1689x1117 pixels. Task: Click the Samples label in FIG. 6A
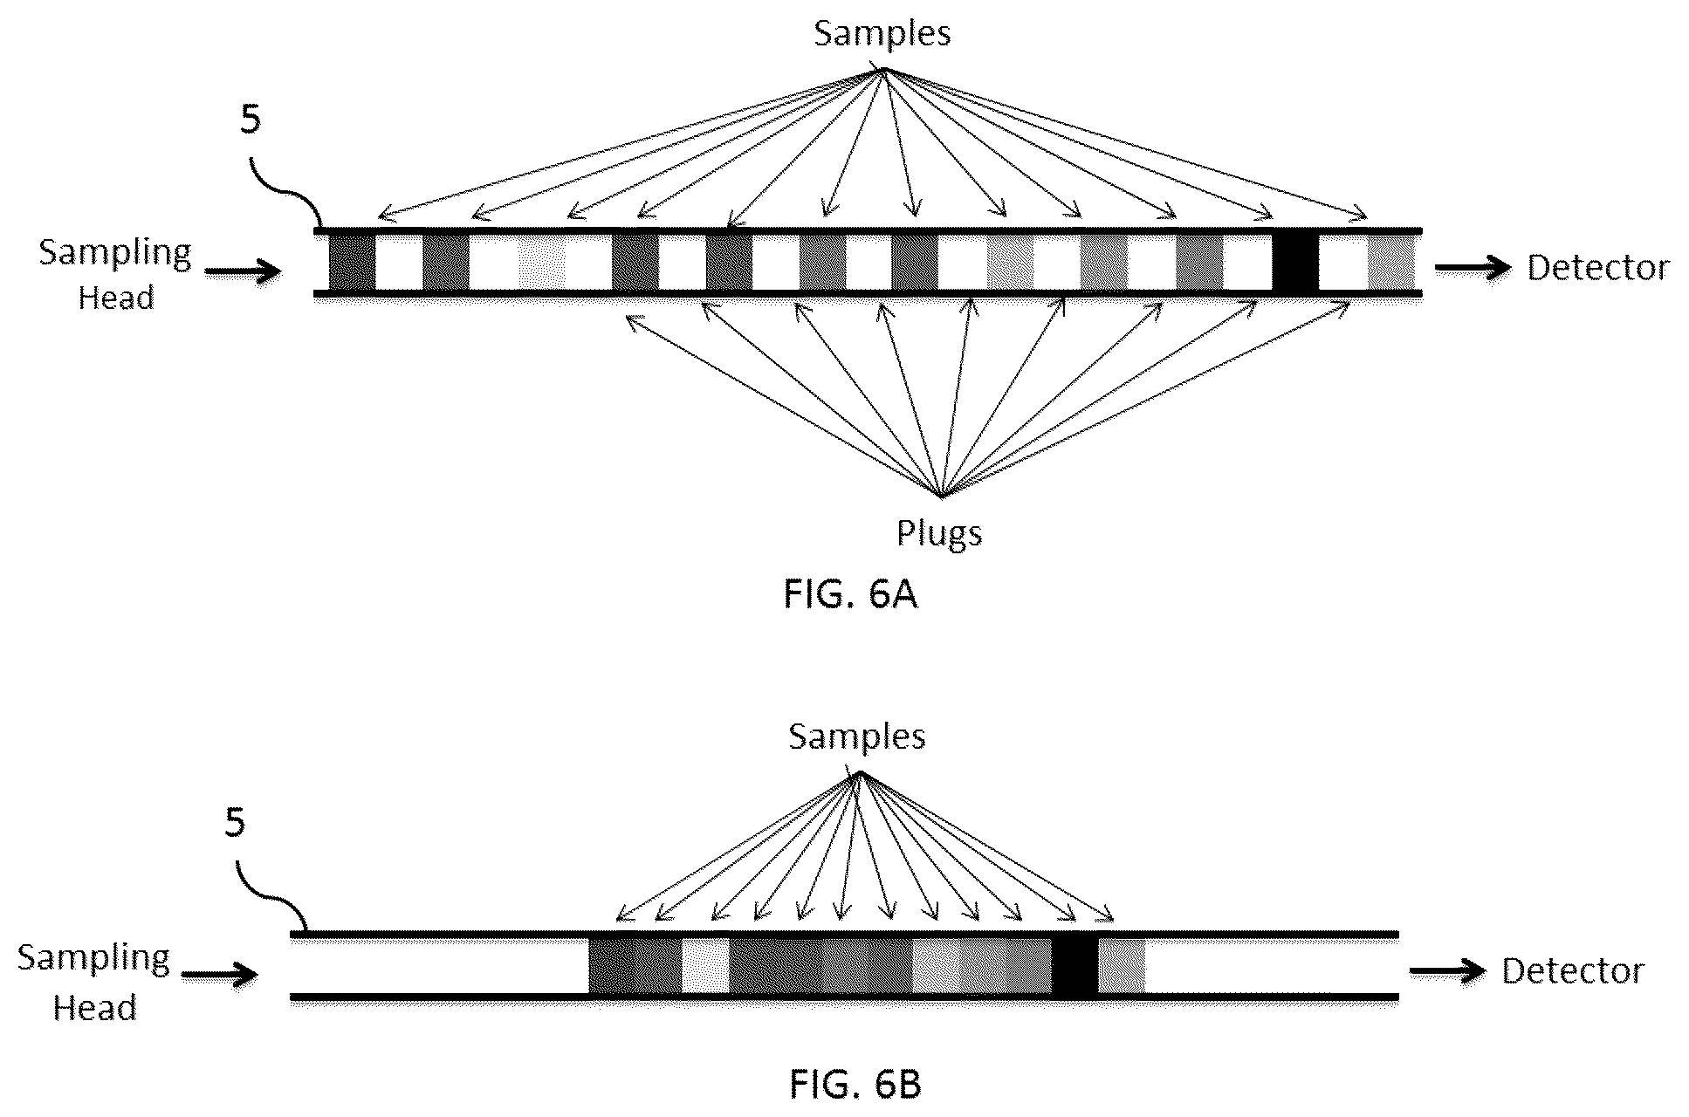tap(882, 34)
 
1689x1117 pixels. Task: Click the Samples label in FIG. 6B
tap(856, 737)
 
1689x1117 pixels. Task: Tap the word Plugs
tap(939, 533)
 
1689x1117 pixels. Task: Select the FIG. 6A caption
tap(850, 594)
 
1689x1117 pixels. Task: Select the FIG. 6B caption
tap(855, 1085)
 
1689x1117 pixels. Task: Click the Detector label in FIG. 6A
tap(1597, 268)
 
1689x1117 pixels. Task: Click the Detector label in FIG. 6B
tap(1573, 971)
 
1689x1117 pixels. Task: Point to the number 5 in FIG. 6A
tap(251, 120)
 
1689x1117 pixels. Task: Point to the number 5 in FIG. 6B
tap(235, 823)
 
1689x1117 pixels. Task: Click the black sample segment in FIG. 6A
tap(1295, 263)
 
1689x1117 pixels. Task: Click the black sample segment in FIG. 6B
tap(1075, 966)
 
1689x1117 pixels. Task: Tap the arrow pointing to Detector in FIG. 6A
tap(1473, 268)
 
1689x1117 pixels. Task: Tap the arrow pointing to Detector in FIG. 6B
tap(1448, 971)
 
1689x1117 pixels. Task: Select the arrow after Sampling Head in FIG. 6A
tap(244, 271)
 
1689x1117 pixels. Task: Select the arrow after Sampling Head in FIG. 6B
tap(220, 975)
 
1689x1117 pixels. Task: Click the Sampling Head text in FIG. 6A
tap(115, 275)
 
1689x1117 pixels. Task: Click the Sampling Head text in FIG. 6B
tap(93, 982)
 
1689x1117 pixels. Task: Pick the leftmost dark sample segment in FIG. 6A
tap(352, 263)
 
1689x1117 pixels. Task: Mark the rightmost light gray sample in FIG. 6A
tap(1390, 263)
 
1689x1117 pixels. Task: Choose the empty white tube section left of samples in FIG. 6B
tap(440, 966)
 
